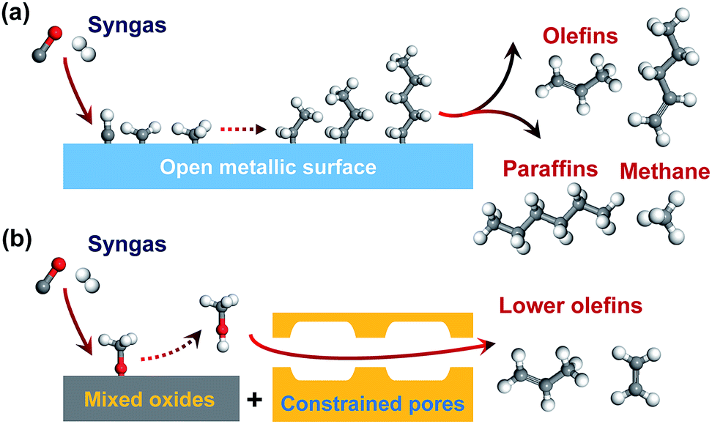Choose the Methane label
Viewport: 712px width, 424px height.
(665, 171)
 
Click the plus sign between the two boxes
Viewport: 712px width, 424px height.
(255, 400)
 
